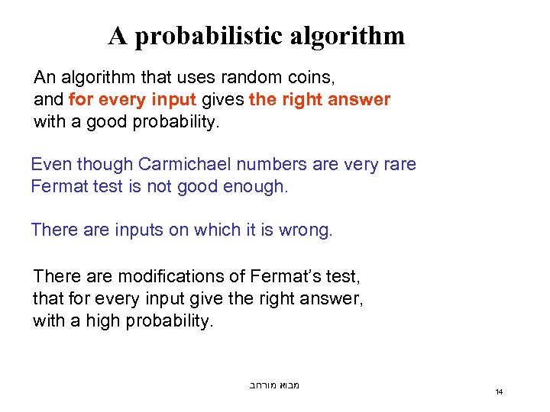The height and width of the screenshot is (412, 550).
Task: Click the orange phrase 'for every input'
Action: pos(132,99)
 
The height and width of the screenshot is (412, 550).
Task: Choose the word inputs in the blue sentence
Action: pos(138,230)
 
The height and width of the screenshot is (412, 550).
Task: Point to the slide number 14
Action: pos(499,392)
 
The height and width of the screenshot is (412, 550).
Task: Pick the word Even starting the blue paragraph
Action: pos(49,165)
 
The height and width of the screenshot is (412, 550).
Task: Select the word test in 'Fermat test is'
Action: pos(101,186)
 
